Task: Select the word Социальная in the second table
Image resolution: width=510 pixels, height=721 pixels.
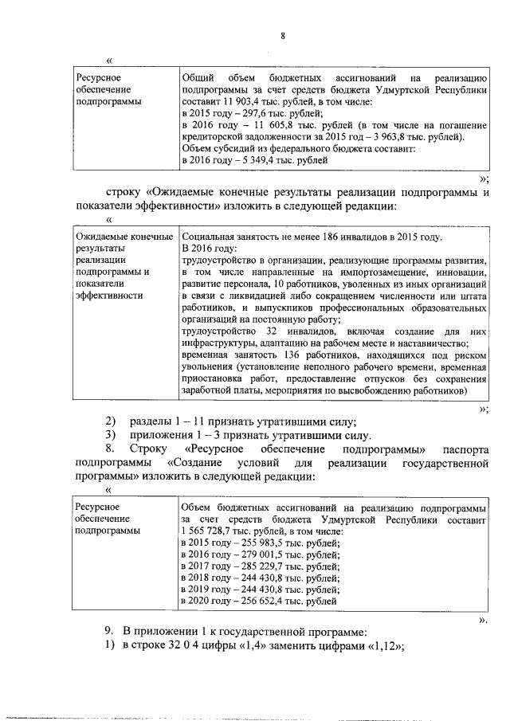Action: point(209,237)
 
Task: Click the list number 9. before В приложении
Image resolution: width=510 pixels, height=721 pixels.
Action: point(110,632)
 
